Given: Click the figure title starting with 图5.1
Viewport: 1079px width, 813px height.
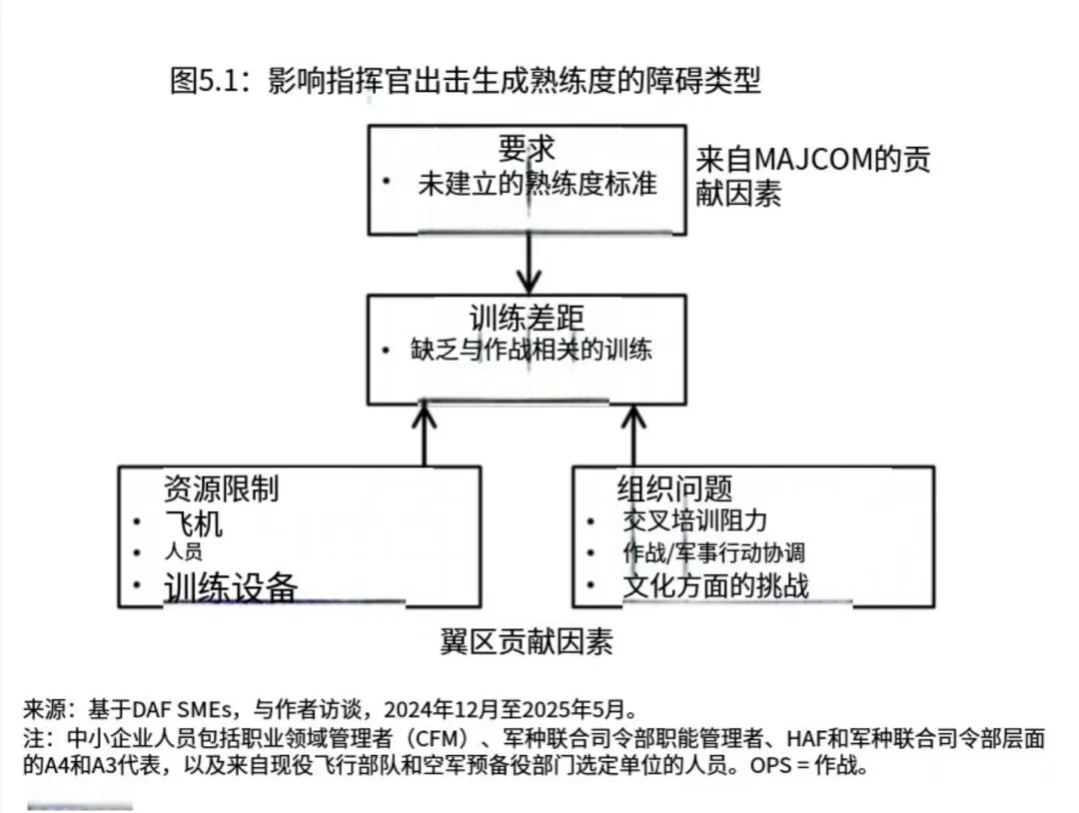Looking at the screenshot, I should [466, 81].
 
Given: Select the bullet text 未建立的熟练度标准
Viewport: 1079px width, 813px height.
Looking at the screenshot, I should [538, 184].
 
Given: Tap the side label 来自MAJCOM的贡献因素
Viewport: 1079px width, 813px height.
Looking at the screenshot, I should [814, 175].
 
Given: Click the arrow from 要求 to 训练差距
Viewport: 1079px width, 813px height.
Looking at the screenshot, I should [527, 264].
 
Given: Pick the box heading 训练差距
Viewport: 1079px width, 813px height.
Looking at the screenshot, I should [527, 318].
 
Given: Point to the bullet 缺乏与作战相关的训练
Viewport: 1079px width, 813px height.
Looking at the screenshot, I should [531, 351].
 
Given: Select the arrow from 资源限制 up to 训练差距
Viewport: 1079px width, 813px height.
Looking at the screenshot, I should [427, 434].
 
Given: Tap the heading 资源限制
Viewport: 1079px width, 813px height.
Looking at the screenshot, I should [221, 488].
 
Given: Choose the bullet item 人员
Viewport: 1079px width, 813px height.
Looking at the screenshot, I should [182, 552].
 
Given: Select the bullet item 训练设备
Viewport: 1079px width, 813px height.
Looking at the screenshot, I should [231, 586].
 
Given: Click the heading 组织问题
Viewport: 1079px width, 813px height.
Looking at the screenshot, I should [674, 488].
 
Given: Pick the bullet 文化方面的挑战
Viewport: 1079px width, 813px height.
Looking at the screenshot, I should [715, 585].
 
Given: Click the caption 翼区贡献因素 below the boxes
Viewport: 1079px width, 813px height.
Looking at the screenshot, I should [527, 641].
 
